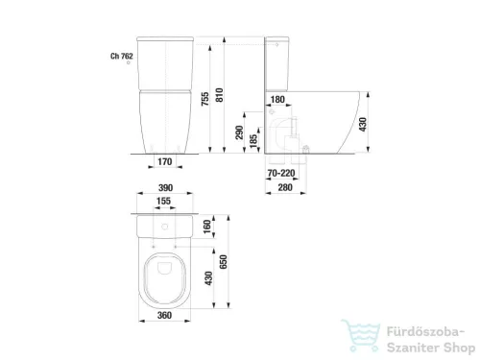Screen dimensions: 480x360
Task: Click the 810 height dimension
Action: tap(219, 95)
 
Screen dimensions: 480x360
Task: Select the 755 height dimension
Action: tap(205, 99)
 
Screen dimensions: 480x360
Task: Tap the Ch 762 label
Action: tap(122, 56)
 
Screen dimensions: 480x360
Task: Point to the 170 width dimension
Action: tap(165, 161)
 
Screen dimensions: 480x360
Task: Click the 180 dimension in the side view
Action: tap(277, 100)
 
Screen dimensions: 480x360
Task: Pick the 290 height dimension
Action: tap(239, 132)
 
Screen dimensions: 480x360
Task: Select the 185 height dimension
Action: tap(253, 141)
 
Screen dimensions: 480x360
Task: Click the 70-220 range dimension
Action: tap(281, 173)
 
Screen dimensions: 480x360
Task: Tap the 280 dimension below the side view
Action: tap(285, 187)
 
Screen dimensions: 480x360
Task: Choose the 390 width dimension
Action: tap(165, 187)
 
